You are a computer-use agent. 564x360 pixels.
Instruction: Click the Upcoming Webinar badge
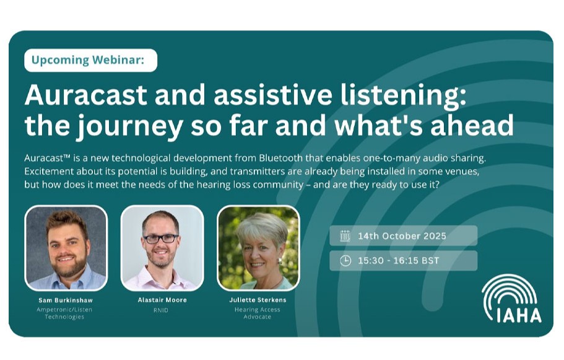[x=90, y=60]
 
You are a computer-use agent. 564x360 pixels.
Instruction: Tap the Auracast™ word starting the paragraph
[x=50, y=159]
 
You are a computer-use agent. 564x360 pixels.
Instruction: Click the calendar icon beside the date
[x=345, y=236]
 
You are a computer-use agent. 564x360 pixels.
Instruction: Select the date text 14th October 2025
[x=402, y=236]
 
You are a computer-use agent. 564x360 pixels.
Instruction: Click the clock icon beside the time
[x=345, y=261]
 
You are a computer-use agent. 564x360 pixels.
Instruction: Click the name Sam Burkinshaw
[x=66, y=300]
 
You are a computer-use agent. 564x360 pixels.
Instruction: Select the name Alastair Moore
[x=162, y=300]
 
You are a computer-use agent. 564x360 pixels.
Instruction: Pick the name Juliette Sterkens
[x=258, y=300]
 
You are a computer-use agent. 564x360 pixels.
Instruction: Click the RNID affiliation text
[x=162, y=309]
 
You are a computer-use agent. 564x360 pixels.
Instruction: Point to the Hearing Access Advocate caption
[x=258, y=313]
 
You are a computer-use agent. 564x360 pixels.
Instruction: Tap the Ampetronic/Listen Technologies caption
[x=66, y=313]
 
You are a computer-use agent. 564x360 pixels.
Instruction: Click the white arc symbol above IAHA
[x=511, y=290]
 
